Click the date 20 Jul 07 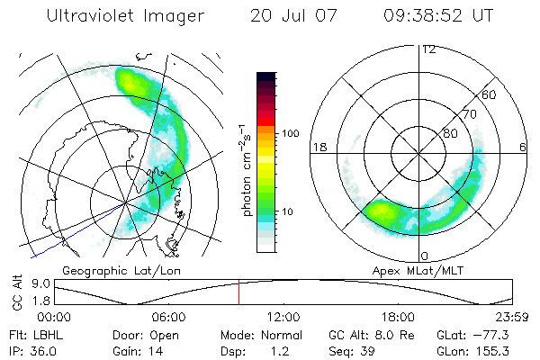coord(285,15)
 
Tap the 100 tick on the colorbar coord(290,133)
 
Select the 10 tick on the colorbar coord(290,211)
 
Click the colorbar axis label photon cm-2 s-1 coord(247,171)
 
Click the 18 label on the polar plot coord(318,147)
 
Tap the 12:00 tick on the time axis coord(283,316)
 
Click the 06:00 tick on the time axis coord(168,316)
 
